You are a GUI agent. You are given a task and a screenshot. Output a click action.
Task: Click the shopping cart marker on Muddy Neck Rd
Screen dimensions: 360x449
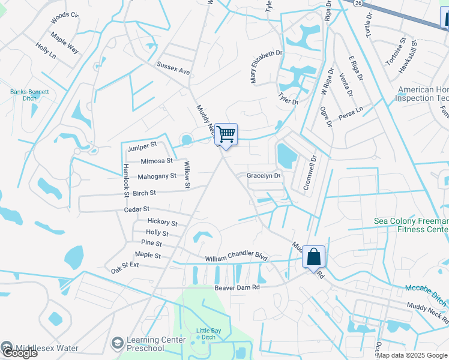point(226,134)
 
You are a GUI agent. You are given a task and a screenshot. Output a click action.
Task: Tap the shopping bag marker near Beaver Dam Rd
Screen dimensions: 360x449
point(313,257)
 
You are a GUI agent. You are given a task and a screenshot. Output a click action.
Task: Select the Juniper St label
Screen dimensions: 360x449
point(142,145)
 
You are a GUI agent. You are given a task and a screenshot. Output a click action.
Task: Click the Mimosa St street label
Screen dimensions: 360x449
point(156,161)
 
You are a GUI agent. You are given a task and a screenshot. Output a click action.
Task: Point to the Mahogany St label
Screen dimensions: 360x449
point(157,176)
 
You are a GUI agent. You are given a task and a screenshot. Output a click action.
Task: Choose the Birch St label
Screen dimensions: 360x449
point(144,193)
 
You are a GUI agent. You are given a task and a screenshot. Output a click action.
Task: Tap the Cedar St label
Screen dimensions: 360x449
point(137,209)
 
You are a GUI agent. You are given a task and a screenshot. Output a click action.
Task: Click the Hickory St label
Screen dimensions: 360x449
point(162,223)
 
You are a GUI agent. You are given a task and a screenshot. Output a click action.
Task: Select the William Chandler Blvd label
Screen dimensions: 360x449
point(236,257)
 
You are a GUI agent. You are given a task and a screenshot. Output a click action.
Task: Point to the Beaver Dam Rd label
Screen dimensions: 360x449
point(237,287)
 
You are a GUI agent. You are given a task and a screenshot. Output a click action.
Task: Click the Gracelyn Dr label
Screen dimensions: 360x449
point(264,176)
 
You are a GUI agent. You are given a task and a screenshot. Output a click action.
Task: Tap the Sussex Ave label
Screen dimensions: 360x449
point(173,68)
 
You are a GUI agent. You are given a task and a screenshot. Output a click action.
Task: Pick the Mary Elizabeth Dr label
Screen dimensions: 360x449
point(265,67)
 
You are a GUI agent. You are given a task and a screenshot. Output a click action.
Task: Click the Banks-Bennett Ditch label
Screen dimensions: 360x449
point(29,95)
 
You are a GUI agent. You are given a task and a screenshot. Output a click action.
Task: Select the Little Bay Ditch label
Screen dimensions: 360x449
point(209,334)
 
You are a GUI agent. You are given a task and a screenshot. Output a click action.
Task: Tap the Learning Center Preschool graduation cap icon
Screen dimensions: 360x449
point(118,343)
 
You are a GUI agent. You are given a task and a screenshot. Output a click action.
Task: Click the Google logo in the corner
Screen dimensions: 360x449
point(19,353)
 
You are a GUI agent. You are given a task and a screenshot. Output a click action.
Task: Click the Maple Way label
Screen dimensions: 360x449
point(64,45)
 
